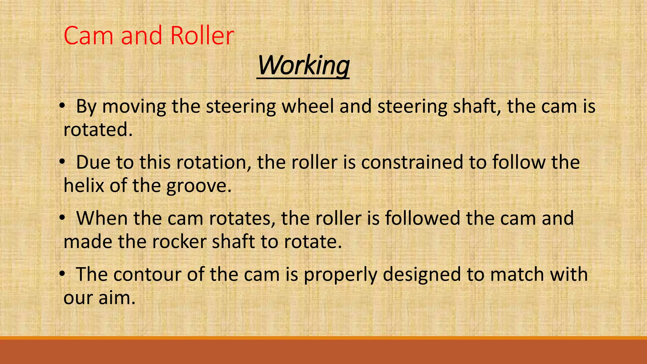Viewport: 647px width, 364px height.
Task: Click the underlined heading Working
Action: tap(303, 66)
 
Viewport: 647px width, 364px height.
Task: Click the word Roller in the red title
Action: tap(202, 35)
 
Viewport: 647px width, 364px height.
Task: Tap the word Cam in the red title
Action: tap(88, 35)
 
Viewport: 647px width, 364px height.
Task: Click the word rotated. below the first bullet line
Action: tap(98, 130)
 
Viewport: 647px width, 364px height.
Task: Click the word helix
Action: tap(84, 185)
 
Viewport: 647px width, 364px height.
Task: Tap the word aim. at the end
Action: tap(117, 298)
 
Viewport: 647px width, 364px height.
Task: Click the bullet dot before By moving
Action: tap(62, 106)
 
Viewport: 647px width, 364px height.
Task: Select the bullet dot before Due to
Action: tap(62, 162)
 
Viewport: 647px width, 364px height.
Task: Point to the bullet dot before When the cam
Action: tap(62, 218)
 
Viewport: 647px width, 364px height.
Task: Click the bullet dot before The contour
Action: tap(62, 274)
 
